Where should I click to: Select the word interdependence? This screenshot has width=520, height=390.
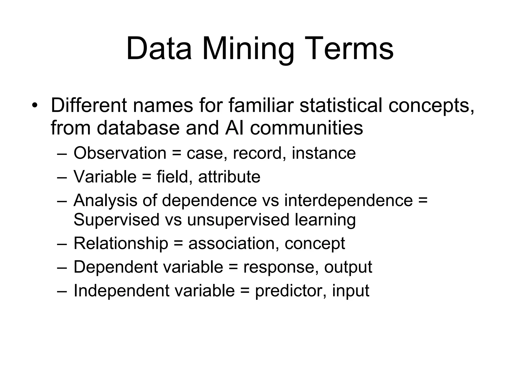coord(349,200)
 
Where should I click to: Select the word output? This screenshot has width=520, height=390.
coord(348,267)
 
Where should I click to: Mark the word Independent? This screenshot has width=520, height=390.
coord(122,290)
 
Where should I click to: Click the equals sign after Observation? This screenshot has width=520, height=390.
coord(176,154)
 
